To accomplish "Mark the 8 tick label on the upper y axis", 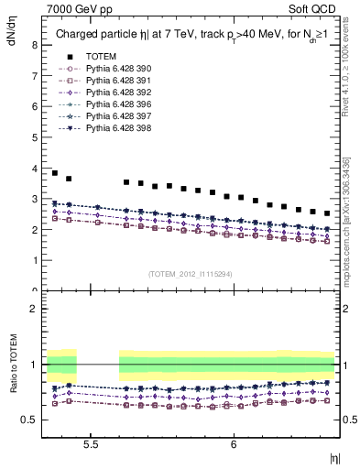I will click(34, 45).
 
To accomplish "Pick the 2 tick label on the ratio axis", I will click(34, 309).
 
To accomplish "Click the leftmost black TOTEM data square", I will click(55, 173).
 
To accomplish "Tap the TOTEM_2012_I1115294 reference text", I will click(191, 273).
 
